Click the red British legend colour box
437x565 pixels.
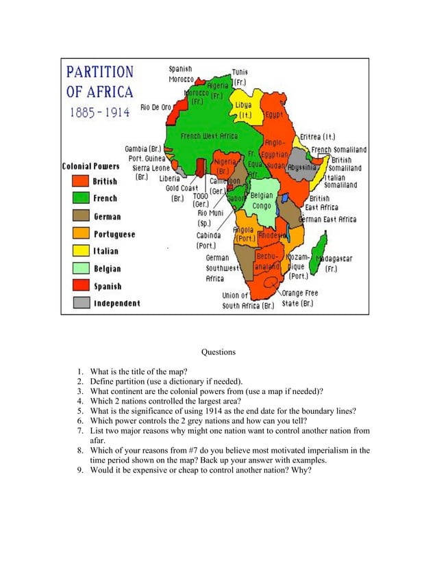click(82, 181)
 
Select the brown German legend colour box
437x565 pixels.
click(82, 216)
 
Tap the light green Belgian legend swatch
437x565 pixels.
click(82, 269)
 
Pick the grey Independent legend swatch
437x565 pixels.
click(82, 303)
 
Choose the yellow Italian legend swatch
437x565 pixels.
click(82, 251)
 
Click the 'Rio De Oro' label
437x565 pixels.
click(155, 107)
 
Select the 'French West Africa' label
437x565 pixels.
click(209, 136)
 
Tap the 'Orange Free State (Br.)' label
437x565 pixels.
click(300, 298)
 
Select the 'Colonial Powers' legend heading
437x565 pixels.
click(90, 166)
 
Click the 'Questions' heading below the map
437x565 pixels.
click(218, 352)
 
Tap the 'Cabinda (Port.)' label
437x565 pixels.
click(208, 240)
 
